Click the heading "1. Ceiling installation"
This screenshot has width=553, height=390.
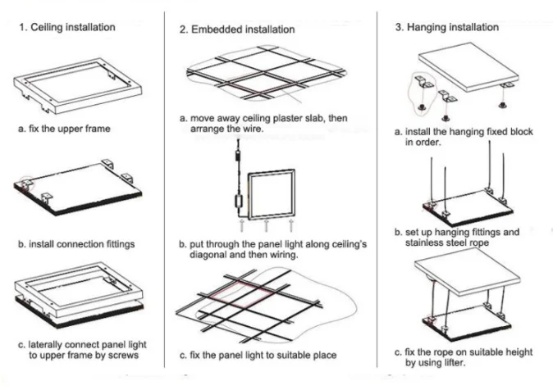tap(67, 28)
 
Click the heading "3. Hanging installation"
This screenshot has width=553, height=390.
tap(446, 27)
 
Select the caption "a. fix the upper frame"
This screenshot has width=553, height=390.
tap(64, 129)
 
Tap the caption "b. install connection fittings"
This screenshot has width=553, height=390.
tap(76, 244)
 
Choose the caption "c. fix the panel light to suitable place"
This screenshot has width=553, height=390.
tap(258, 355)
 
